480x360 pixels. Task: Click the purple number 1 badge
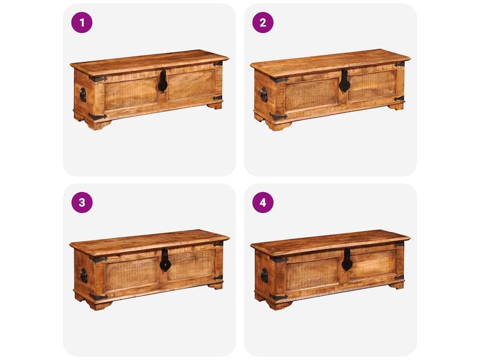[82, 22]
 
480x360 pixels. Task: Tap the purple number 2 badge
[263, 22]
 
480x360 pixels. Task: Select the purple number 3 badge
[82, 202]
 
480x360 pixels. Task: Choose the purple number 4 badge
[263, 202]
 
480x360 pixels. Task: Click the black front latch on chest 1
[163, 81]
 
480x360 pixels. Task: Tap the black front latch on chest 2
[344, 81]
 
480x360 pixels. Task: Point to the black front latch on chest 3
[164, 260]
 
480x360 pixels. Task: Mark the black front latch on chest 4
[346, 260]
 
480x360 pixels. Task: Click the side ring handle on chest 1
[83, 95]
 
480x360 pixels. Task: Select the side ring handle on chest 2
[263, 95]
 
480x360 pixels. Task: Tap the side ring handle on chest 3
[83, 276]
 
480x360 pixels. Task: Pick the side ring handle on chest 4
[264, 275]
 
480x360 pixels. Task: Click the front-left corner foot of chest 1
[98, 125]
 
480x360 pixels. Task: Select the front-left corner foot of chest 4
[279, 305]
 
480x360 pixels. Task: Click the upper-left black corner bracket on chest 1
[98, 79]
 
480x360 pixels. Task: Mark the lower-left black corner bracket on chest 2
[278, 116]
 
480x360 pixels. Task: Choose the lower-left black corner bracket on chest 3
[98, 296]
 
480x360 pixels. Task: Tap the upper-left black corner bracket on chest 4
[279, 260]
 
